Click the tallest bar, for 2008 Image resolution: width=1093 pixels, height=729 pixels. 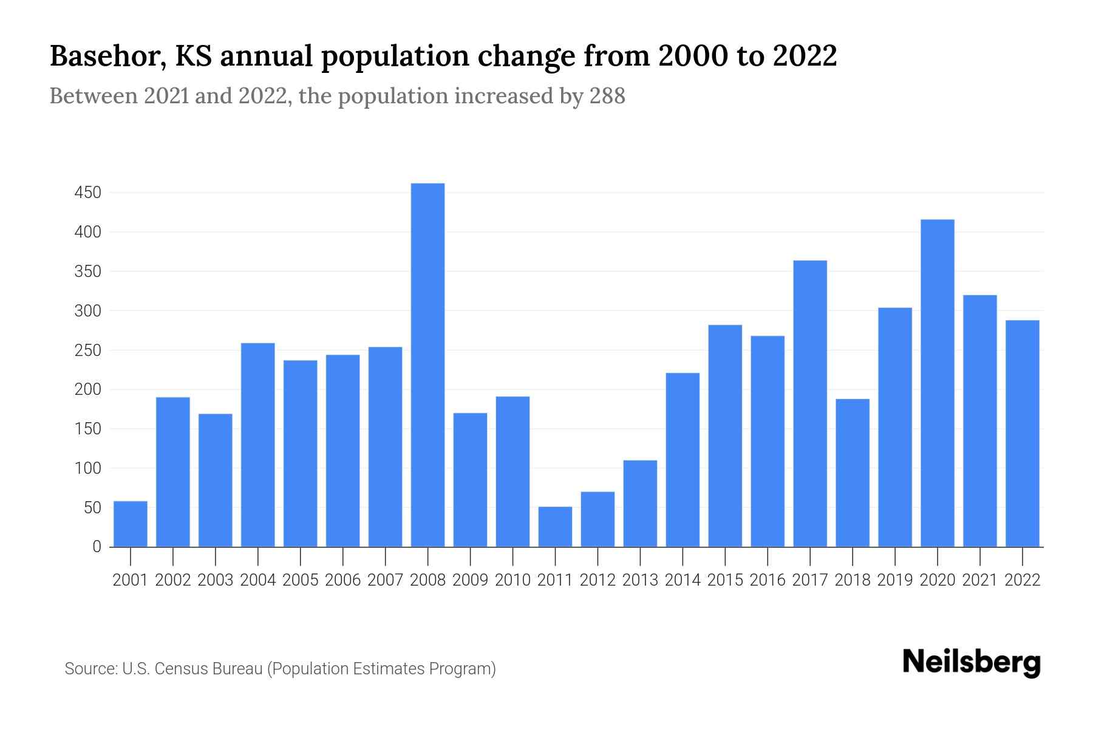427,364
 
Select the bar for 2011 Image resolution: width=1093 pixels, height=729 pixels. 555,527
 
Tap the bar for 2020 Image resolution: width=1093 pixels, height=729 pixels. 937,383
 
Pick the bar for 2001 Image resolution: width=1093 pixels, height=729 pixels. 131,524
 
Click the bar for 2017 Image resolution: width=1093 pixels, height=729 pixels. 810,403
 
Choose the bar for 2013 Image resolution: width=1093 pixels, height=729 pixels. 640,504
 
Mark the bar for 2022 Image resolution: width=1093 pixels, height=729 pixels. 1022,433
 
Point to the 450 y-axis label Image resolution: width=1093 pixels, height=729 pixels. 87,193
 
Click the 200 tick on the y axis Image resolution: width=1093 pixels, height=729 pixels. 87,389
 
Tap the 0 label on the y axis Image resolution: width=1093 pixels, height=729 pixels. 97,547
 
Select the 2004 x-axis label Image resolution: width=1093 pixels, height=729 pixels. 257,580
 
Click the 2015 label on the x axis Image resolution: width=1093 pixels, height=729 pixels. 725,580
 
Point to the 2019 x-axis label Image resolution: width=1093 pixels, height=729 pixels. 894,580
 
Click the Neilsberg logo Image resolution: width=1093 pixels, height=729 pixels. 971,662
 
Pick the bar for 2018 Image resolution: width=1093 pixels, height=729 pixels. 853,473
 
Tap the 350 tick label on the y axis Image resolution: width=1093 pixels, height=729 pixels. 87,272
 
